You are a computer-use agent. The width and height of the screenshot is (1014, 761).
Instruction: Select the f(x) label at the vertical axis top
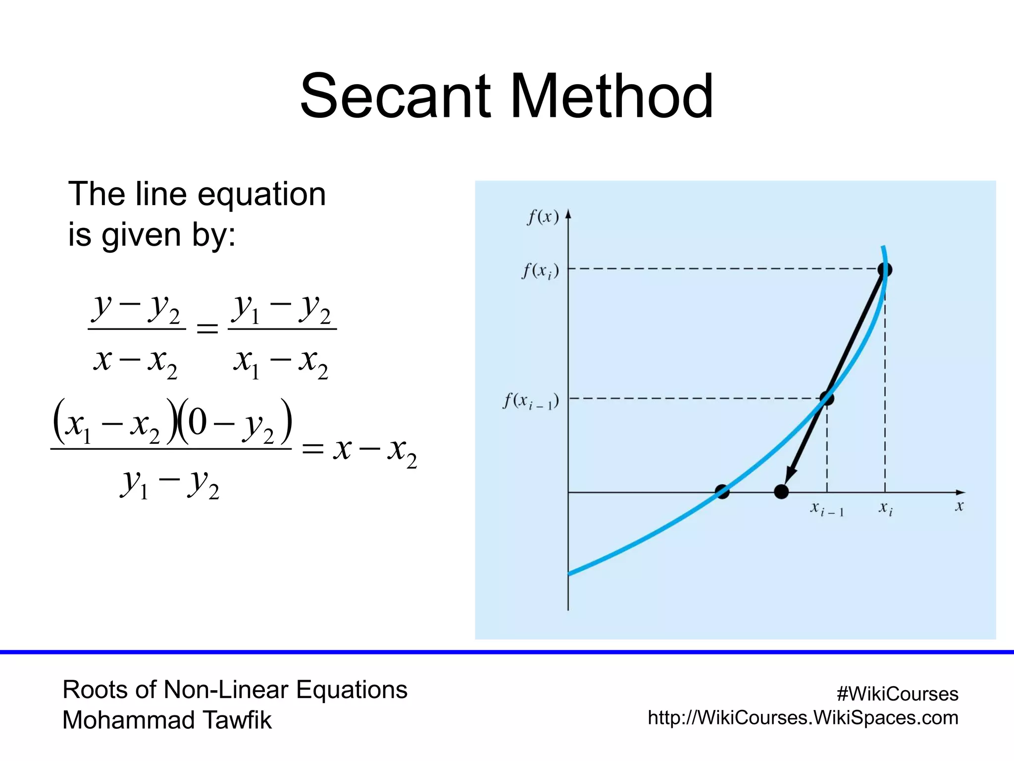[543, 217]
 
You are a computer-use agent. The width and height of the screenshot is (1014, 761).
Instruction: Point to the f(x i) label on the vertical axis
[540, 271]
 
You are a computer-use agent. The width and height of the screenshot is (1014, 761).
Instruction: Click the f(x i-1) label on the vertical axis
[531, 401]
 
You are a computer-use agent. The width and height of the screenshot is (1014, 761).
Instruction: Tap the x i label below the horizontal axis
[885, 508]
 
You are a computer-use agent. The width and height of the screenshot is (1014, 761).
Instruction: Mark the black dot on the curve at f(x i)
[885, 270]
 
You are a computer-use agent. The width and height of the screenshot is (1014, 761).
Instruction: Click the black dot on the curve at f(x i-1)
[827, 398]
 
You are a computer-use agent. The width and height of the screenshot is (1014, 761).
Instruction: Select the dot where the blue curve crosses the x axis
[722, 492]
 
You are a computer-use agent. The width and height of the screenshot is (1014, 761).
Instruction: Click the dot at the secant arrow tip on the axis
[781, 492]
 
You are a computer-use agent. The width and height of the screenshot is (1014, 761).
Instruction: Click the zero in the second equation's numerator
[197, 423]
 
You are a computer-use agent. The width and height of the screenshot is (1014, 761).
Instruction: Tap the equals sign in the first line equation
[207, 328]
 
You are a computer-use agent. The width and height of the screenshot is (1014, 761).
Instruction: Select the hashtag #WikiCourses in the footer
[897, 694]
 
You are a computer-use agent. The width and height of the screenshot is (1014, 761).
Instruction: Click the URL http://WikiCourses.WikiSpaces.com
[803, 718]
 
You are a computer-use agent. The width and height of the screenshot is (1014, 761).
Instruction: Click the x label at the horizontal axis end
[959, 506]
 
